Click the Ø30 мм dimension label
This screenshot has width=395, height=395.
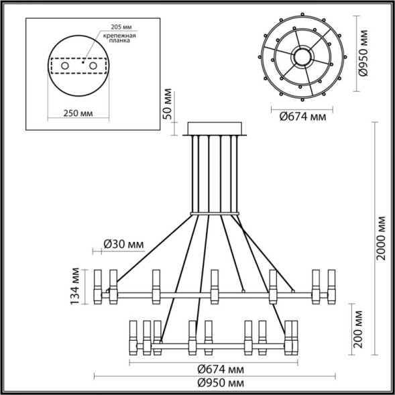coord(123,245)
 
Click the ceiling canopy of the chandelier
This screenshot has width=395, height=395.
coord(216,129)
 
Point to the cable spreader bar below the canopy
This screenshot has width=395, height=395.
coord(216,215)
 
